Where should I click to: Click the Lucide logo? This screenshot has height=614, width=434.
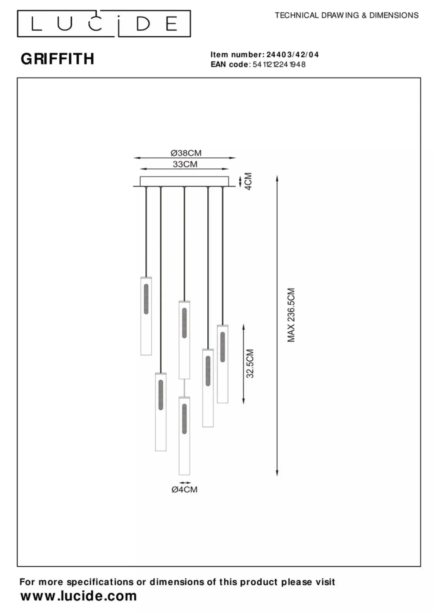[x=104, y=24]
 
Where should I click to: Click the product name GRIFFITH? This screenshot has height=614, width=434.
[x=58, y=59]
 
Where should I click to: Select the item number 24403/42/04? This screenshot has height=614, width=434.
[x=293, y=55]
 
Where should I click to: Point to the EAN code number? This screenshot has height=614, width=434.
[x=279, y=64]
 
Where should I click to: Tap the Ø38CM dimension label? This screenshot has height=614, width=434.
[x=186, y=153]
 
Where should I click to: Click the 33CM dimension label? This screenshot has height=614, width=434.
[x=185, y=164]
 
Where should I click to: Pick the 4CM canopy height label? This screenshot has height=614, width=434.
[x=248, y=181]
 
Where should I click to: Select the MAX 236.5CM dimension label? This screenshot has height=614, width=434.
[x=291, y=315]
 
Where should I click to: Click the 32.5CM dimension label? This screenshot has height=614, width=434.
[x=250, y=363]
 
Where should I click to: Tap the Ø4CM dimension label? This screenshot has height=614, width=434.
[x=184, y=489]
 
